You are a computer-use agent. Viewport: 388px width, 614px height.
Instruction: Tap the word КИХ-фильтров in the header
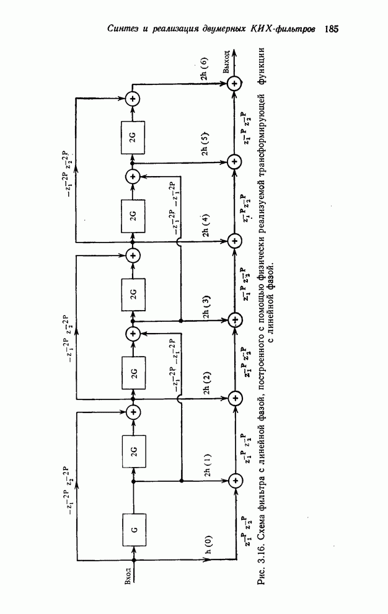pyautogui.click(x=288, y=29)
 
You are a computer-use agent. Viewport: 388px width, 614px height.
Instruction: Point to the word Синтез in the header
pyautogui.click(x=121, y=29)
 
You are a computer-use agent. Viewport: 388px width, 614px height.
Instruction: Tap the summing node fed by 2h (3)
pyautogui.click(x=235, y=320)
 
